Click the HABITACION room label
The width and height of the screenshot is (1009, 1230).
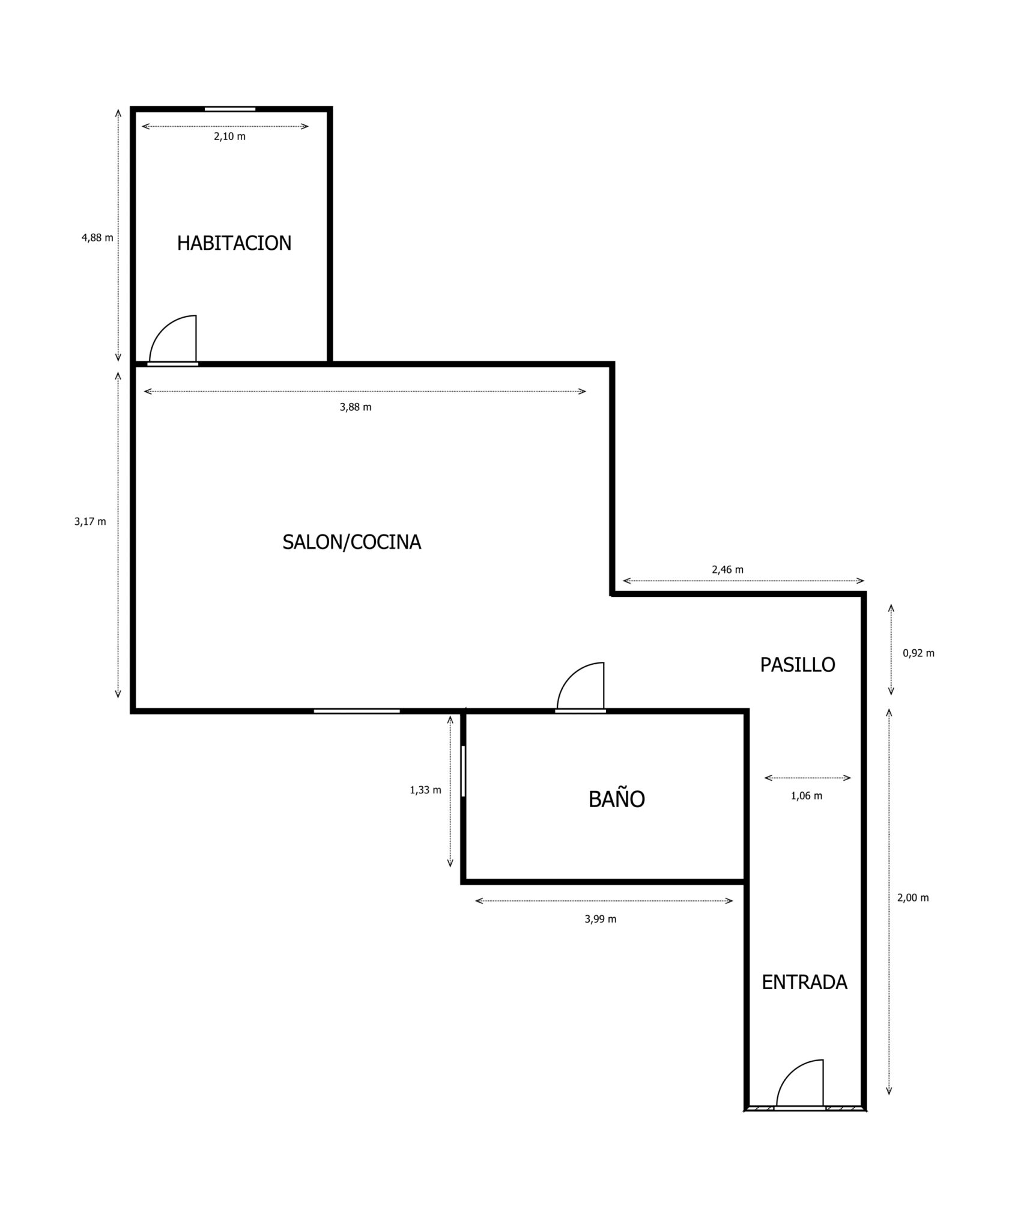click(x=234, y=243)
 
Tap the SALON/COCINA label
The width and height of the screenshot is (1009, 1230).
click(x=351, y=542)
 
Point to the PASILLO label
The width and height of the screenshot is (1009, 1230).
click(x=798, y=665)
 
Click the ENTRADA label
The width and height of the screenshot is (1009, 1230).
click(x=804, y=982)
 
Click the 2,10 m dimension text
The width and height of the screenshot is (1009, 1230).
click(x=229, y=136)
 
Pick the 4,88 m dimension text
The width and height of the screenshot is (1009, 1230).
click(x=97, y=237)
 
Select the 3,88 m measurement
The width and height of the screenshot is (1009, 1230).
click(x=356, y=407)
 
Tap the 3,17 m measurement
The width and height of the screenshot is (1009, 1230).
click(x=90, y=521)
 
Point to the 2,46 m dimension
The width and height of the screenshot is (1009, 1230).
click(x=727, y=569)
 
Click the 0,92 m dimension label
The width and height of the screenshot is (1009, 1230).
click(x=918, y=653)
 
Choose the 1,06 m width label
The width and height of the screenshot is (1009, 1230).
click(x=807, y=796)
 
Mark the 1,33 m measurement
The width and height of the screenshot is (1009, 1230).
click(x=425, y=790)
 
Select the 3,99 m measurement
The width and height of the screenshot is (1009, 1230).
click(x=601, y=919)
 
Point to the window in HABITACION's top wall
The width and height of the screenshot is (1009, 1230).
click(x=230, y=109)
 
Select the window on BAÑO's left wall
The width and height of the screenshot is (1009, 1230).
click(x=463, y=771)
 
